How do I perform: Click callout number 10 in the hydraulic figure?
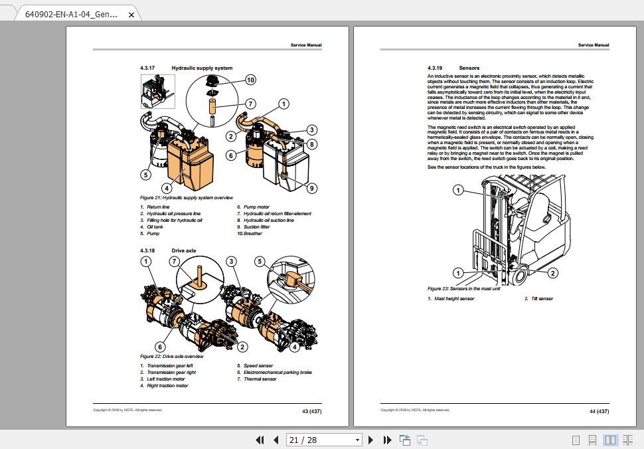point(250,80)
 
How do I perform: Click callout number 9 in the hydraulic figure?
point(311,188)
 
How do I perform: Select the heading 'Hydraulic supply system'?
point(202,68)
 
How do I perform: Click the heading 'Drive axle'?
point(184,250)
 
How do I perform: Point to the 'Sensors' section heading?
point(469,68)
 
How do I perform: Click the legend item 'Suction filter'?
point(256,226)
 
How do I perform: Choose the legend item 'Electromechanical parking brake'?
point(278,373)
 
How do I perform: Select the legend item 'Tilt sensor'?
point(542,299)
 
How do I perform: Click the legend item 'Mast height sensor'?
point(454,299)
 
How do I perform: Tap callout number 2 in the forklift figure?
point(552,273)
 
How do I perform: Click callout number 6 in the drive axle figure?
point(160,347)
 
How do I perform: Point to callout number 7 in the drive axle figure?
point(174,262)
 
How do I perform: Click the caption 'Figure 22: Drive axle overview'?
point(171,357)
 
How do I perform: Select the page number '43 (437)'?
point(311,411)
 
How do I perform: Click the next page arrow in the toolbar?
point(370,440)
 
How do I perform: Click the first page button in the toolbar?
point(260,440)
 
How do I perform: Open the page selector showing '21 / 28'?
point(324,440)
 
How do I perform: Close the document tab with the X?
point(131,15)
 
